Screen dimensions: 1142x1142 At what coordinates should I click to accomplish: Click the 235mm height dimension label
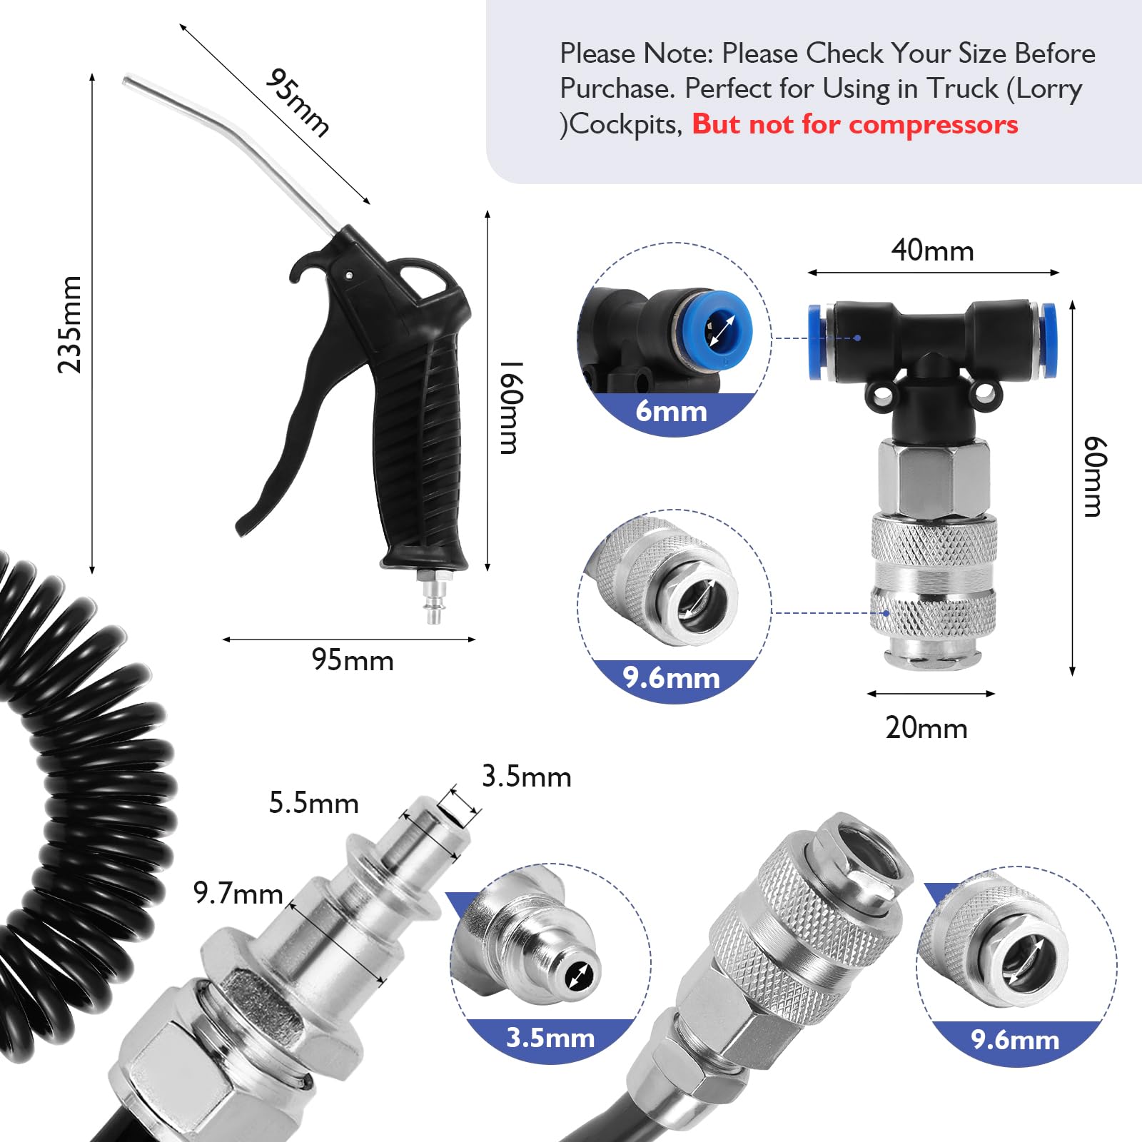70,325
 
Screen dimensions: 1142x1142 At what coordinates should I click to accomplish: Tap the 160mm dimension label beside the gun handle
511,407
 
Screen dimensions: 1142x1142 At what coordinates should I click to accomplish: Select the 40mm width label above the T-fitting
932,251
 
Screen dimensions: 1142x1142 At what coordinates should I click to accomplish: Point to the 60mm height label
1093,476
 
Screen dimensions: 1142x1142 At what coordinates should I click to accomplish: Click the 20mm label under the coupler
926,728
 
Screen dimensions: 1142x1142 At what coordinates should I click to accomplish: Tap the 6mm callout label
671,412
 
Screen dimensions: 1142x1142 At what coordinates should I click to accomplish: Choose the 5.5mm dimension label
313,803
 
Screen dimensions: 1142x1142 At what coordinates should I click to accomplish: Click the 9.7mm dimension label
238,893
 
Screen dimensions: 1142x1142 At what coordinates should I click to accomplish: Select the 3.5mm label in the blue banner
550,1037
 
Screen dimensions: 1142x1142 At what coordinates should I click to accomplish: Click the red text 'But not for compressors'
854,124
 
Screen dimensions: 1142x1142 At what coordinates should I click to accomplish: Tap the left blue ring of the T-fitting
816,341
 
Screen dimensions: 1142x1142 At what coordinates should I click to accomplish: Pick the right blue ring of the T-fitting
1048,340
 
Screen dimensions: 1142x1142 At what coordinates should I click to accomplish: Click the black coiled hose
86,785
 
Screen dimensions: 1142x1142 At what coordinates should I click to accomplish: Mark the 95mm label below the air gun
353,660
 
